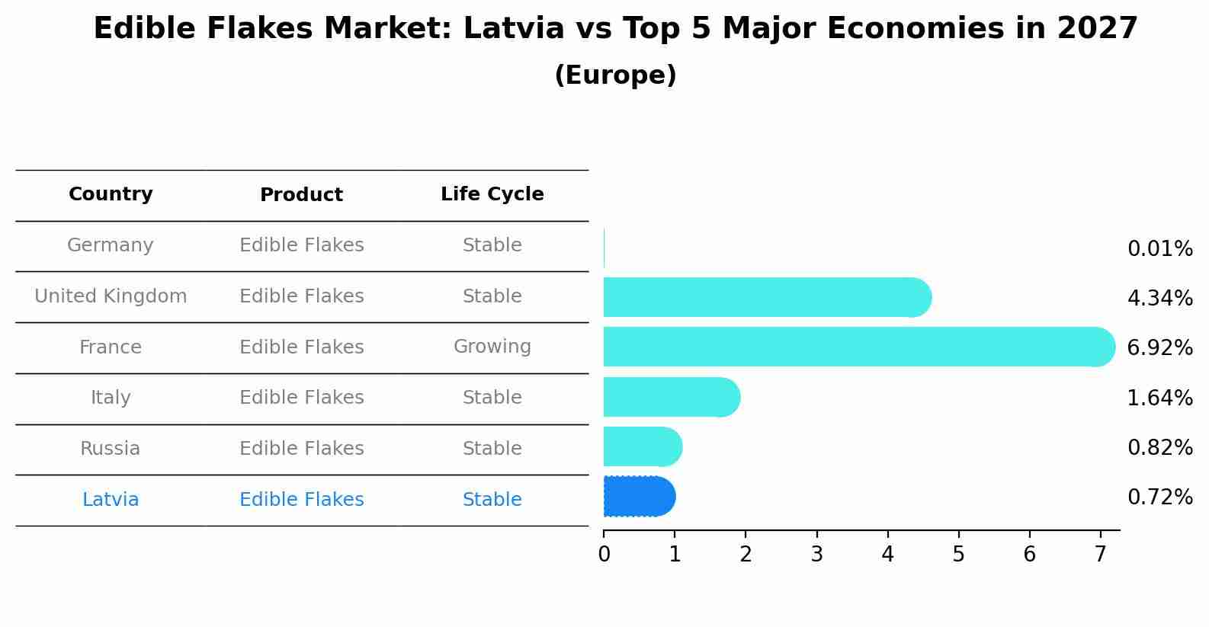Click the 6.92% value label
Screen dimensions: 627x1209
tap(1159, 348)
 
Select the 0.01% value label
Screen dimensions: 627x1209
tap(1159, 249)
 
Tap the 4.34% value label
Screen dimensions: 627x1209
tap(1159, 299)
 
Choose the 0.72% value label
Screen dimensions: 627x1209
tap(1159, 497)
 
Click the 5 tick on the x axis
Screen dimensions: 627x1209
tap(958, 555)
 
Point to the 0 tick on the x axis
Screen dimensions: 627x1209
tap(604, 555)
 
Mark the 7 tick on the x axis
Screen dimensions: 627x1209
tap(1100, 555)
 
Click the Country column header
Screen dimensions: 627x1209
tap(111, 194)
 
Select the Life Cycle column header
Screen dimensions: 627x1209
tap(492, 194)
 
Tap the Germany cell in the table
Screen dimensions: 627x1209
tap(111, 245)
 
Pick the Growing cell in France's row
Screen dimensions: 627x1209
tap(492, 347)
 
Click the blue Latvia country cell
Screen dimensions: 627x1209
tap(111, 500)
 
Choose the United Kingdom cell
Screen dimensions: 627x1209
tap(111, 296)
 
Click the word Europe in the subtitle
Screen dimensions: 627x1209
tap(615, 75)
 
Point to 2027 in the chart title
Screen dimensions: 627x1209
tap(1097, 29)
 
